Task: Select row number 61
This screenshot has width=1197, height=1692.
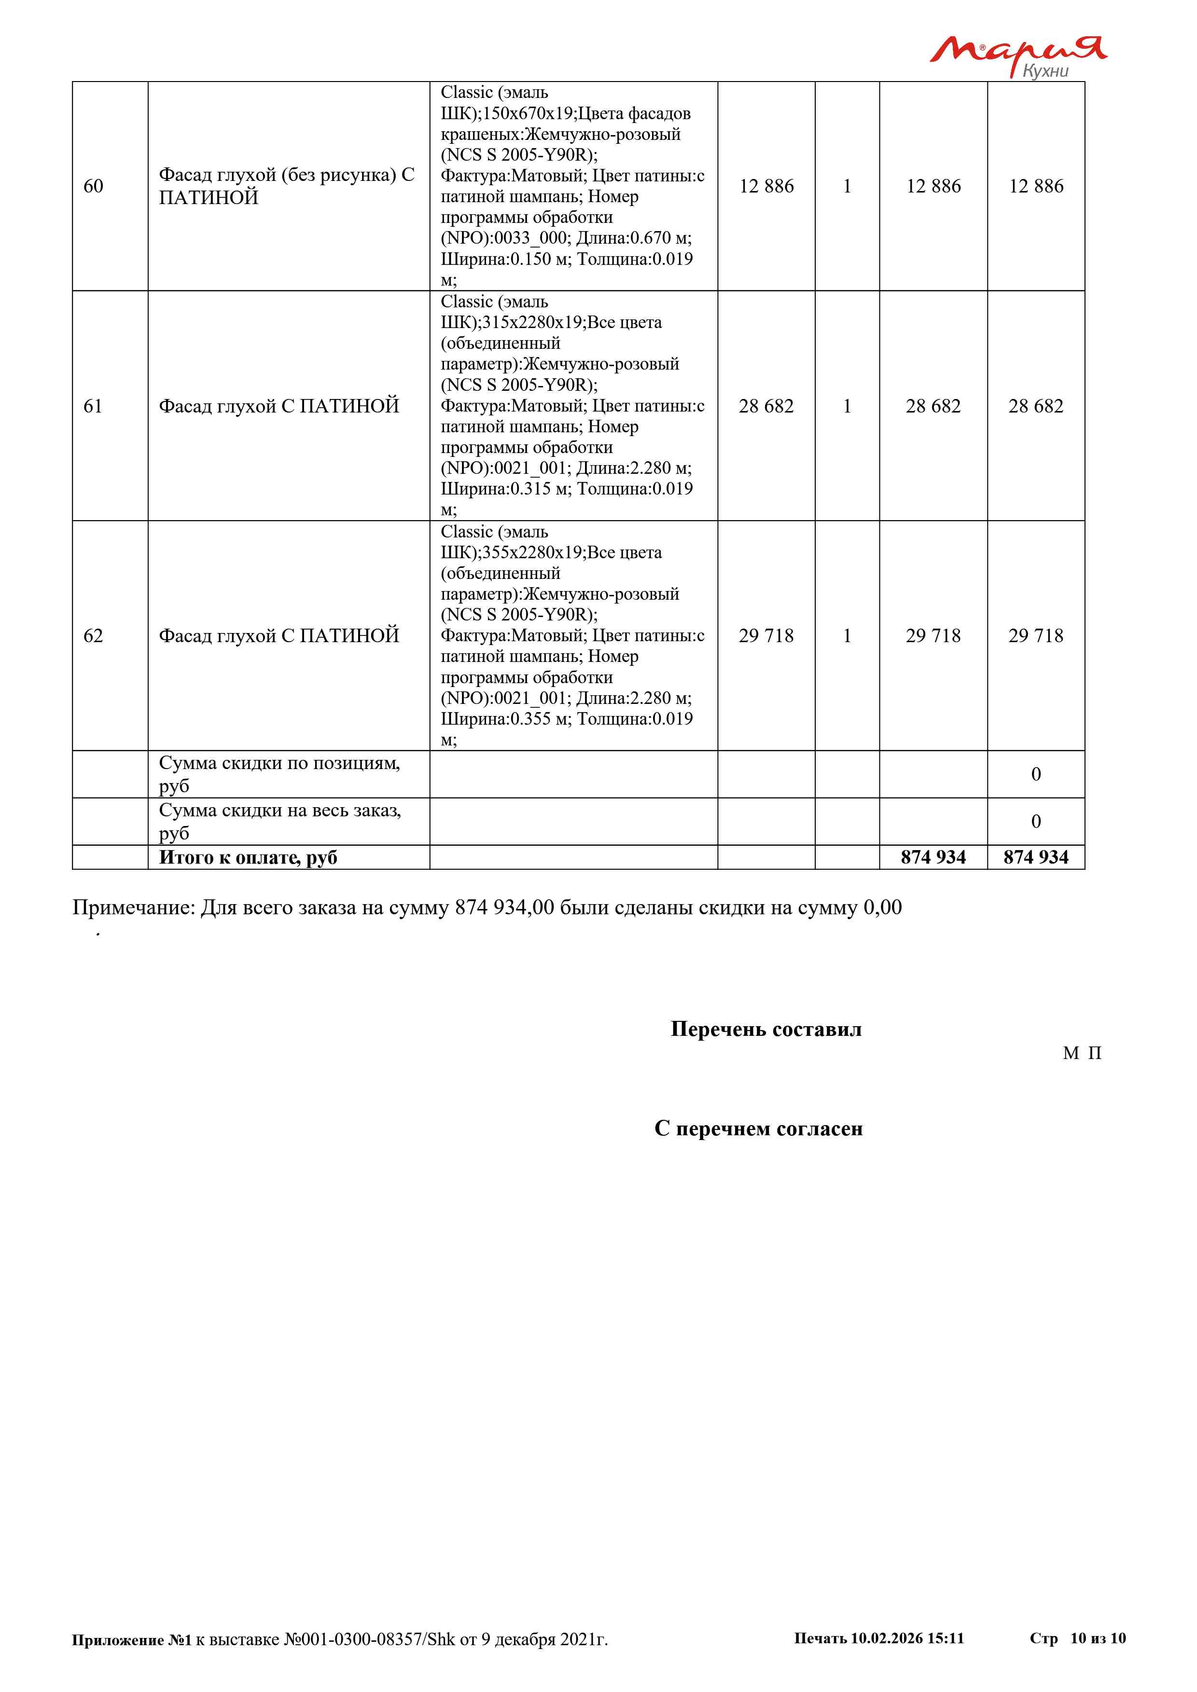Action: [93, 406]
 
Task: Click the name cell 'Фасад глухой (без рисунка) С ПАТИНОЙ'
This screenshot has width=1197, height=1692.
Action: [287, 186]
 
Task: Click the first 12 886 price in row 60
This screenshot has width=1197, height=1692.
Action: [766, 186]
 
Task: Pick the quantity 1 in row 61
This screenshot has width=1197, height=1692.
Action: [847, 406]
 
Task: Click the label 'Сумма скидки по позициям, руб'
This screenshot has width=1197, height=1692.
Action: [279, 774]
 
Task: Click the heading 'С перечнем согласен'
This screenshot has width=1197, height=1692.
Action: [758, 1128]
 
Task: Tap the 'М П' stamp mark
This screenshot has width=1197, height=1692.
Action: [1081, 1053]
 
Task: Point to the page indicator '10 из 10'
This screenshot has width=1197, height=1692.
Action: [1098, 1638]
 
